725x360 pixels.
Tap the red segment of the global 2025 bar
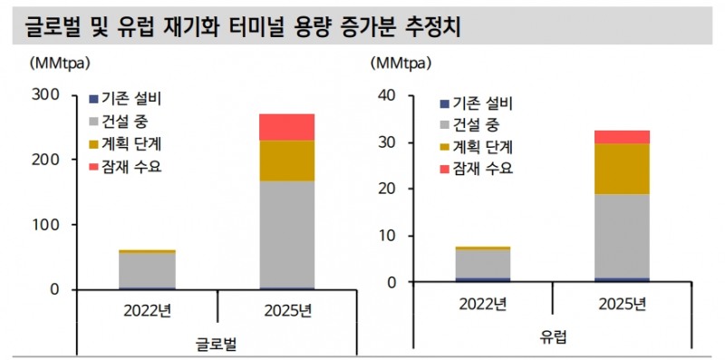pyautogui.click(x=287, y=127)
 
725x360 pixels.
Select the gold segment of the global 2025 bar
pyautogui.click(x=287, y=161)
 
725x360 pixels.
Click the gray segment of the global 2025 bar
pyautogui.click(x=287, y=233)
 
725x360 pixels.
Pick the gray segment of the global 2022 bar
pyautogui.click(x=147, y=269)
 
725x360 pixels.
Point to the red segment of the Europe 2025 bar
pyautogui.click(x=621, y=137)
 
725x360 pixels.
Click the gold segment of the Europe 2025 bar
pyautogui.click(x=621, y=169)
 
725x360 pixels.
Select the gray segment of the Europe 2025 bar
pyautogui.click(x=621, y=236)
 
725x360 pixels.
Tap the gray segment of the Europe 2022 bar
pyautogui.click(x=482, y=263)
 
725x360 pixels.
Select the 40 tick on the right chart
pyautogui.click(x=386, y=95)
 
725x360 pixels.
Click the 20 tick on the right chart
pyautogui.click(x=386, y=189)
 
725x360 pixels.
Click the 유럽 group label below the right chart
pyautogui.click(x=553, y=338)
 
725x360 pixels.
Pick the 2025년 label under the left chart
pyautogui.click(x=287, y=310)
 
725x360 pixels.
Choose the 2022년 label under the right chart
pyautogui.click(x=482, y=304)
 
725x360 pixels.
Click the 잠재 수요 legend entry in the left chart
pyautogui.click(x=126, y=167)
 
